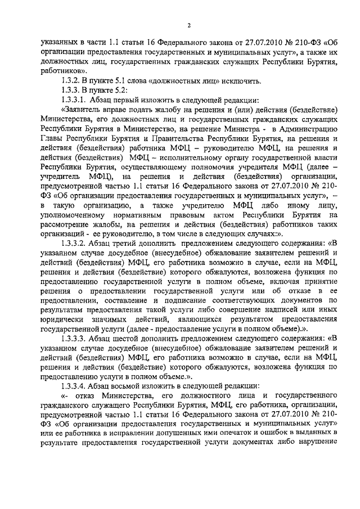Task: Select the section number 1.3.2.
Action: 72,81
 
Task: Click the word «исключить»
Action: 240,81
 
